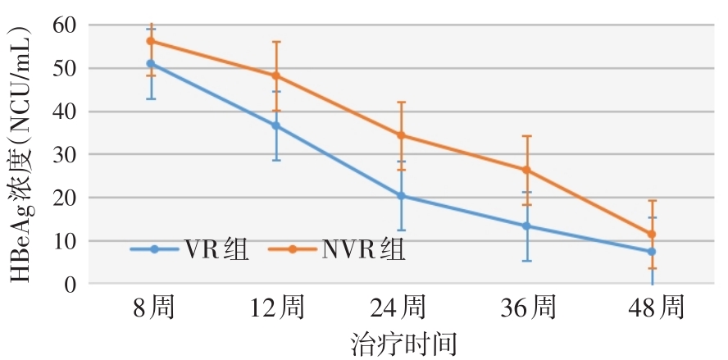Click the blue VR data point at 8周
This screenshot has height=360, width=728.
151,63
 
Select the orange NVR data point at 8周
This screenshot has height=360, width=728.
151,41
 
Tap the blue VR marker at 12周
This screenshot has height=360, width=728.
276,125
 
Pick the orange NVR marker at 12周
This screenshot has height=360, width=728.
276,75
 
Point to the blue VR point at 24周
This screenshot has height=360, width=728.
401,196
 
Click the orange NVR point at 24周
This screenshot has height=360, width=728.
401,135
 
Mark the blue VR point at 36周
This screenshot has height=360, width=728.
526,226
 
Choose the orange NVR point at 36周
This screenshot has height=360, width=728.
526,170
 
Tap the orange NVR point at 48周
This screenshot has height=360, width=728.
652,234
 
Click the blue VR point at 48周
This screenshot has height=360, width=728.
652,252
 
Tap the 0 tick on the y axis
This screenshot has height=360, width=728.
71,284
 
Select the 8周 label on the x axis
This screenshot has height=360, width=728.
151,309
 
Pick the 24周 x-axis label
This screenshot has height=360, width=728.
401,309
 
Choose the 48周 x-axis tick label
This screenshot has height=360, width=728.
652,309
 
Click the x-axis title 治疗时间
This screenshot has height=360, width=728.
402,343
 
